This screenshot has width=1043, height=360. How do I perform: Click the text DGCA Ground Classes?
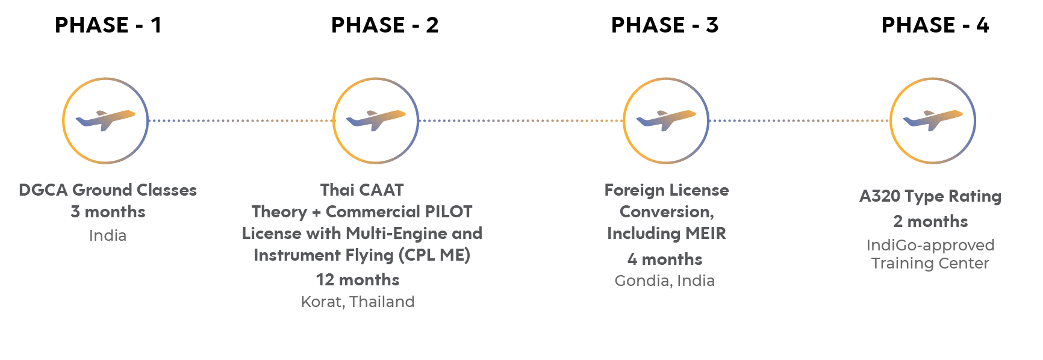point(108,190)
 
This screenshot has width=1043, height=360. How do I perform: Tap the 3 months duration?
point(108,212)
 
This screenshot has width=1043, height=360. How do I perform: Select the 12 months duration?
point(358,280)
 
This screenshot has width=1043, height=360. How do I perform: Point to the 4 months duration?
point(665,259)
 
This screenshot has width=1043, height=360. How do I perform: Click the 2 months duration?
point(930,222)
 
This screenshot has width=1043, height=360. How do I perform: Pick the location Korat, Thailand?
point(358,302)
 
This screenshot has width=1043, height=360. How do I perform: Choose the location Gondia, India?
point(665,281)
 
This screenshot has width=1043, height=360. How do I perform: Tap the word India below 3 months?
point(108,235)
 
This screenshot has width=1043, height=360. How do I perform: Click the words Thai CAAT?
point(362,190)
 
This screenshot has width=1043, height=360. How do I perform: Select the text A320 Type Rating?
point(930,197)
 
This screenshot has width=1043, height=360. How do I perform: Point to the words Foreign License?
point(667,190)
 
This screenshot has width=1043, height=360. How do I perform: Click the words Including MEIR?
point(667,234)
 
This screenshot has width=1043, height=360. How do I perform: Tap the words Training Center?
point(931,264)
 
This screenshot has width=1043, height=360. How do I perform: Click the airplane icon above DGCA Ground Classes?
point(105,120)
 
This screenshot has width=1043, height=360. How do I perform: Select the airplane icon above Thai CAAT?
point(376,120)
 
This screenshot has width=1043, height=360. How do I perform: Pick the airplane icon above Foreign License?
point(666,120)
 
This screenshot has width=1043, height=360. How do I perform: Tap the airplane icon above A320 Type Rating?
point(933,120)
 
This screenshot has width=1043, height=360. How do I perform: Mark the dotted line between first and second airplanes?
point(241,120)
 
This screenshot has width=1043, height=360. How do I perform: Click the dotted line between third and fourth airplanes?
point(799,120)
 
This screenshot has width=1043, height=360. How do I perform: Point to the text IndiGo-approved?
point(930,246)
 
